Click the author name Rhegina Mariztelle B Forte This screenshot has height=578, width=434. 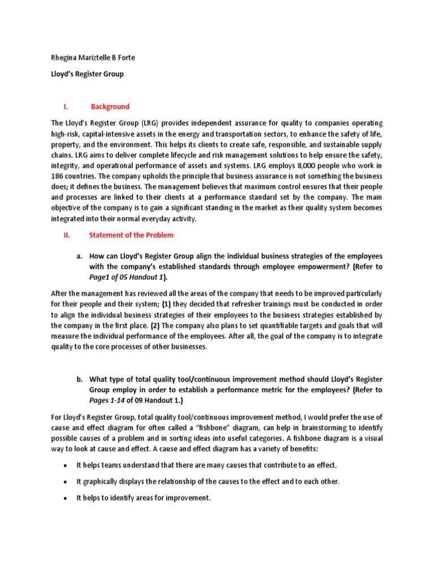coord(94,58)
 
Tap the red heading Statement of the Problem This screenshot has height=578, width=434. coord(131,235)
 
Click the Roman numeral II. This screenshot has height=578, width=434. coord(65,235)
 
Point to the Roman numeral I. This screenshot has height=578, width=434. coord(65,107)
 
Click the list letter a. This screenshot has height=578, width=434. coord(80,256)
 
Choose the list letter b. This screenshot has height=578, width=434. coord(80,379)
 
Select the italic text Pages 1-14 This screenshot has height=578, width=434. coord(107,401)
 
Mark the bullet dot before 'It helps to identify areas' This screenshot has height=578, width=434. coord(66,498)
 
